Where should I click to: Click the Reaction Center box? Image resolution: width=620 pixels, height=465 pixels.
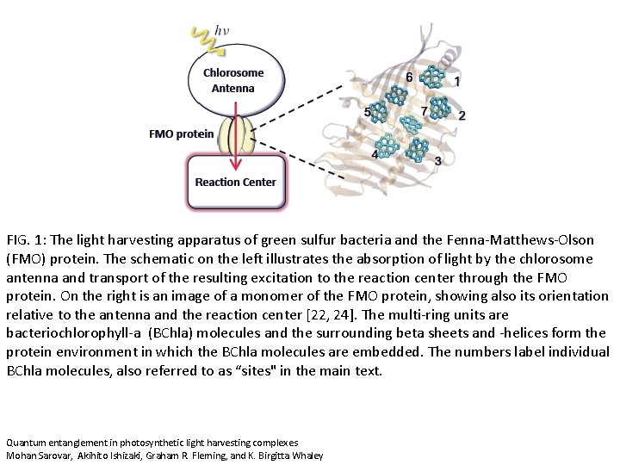click(235, 182)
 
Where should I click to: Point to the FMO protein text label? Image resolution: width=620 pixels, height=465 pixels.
click(181, 133)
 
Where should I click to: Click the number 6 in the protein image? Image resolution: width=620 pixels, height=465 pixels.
click(409, 77)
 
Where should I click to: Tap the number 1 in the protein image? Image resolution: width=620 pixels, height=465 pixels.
click(456, 83)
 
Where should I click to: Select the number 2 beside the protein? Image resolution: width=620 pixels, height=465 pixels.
click(462, 115)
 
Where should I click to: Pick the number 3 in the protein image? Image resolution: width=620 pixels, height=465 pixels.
click(438, 161)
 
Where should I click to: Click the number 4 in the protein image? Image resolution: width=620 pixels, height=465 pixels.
click(375, 154)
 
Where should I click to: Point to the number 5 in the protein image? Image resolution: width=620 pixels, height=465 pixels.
click(368, 113)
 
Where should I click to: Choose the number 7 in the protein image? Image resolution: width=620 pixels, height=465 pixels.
click(424, 112)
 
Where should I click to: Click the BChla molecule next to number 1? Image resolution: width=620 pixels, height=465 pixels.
click(437, 79)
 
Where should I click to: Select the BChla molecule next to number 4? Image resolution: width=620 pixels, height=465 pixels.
click(389, 146)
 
